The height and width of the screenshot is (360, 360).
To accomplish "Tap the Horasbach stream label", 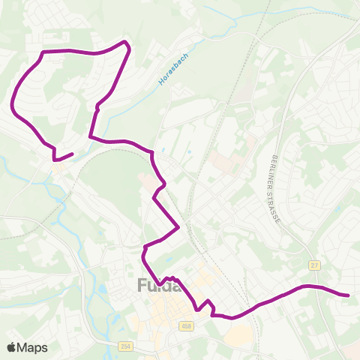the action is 175,68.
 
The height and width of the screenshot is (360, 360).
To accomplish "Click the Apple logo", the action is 11,347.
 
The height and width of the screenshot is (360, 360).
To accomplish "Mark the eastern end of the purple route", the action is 349,295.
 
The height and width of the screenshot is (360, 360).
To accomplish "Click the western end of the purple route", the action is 72,154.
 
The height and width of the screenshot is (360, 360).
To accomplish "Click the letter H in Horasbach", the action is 161,82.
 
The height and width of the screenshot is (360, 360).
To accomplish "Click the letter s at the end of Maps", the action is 44,348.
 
